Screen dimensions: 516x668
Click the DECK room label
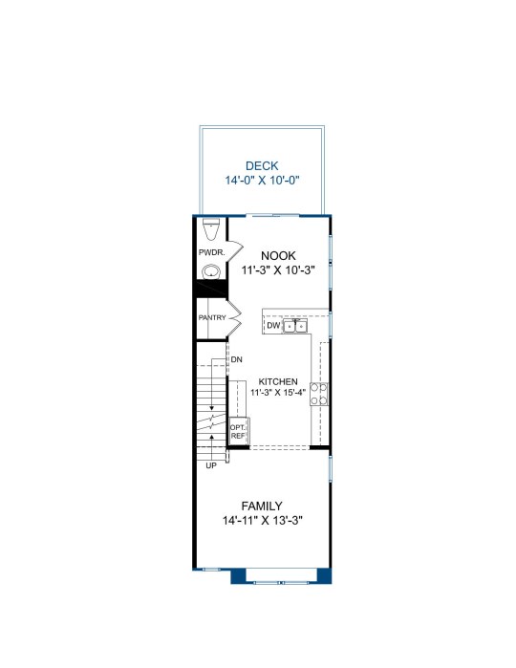(262, 165)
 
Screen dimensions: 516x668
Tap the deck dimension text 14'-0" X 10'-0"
(262, 181)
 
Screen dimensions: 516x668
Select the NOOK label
(278, 255)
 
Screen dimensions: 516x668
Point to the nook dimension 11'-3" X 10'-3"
(278, 270)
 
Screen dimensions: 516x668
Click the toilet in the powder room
(210, 229)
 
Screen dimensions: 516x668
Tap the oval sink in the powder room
(211, 271)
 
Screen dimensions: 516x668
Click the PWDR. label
(211, 252)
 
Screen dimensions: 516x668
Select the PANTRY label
(212, 318)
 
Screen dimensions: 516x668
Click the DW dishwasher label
(273, 326)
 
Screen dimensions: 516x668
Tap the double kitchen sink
(295, 326)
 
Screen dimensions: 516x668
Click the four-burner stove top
(319, 394)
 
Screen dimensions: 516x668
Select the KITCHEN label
(278, 381)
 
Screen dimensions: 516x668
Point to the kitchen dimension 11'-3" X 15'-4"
(278, 393)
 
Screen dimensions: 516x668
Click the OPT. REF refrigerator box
(239, 431)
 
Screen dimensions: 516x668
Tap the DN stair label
(236, 359)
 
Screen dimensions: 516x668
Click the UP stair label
(211, 465)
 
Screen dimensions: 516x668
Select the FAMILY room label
(262, 506)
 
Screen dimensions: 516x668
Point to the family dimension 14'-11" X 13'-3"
(262, 521)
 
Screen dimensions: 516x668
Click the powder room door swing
(235, 251)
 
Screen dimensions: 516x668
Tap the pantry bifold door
(234, 318)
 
